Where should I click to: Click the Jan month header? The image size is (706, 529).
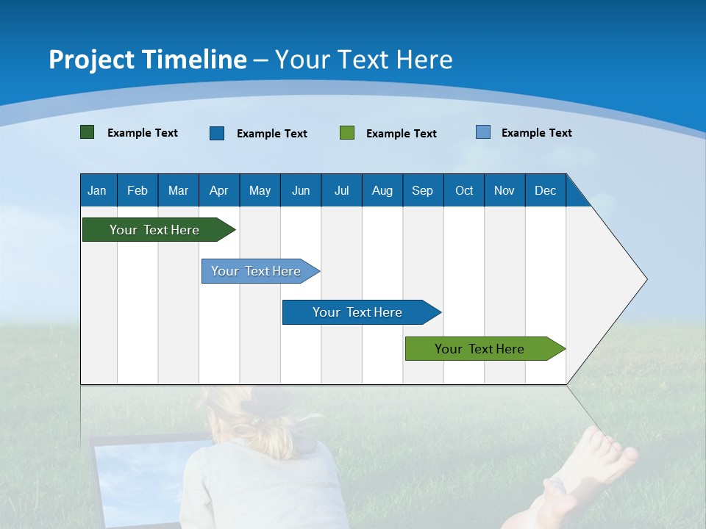click(97, 191)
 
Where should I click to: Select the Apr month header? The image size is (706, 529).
click(218, 191)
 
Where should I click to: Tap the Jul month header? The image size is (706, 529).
click(341, 191)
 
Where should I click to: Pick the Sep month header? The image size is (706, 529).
click(422, 191)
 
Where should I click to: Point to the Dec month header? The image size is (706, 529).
click(545, 191)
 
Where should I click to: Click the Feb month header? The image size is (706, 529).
click(138, 191)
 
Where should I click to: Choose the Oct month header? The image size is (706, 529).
click(464, 191)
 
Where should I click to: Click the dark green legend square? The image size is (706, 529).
click(88, 132)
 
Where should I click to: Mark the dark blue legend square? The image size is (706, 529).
click(217, 133)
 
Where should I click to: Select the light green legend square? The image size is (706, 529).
click(347, 133)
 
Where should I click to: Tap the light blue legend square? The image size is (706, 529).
click(483, 132)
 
